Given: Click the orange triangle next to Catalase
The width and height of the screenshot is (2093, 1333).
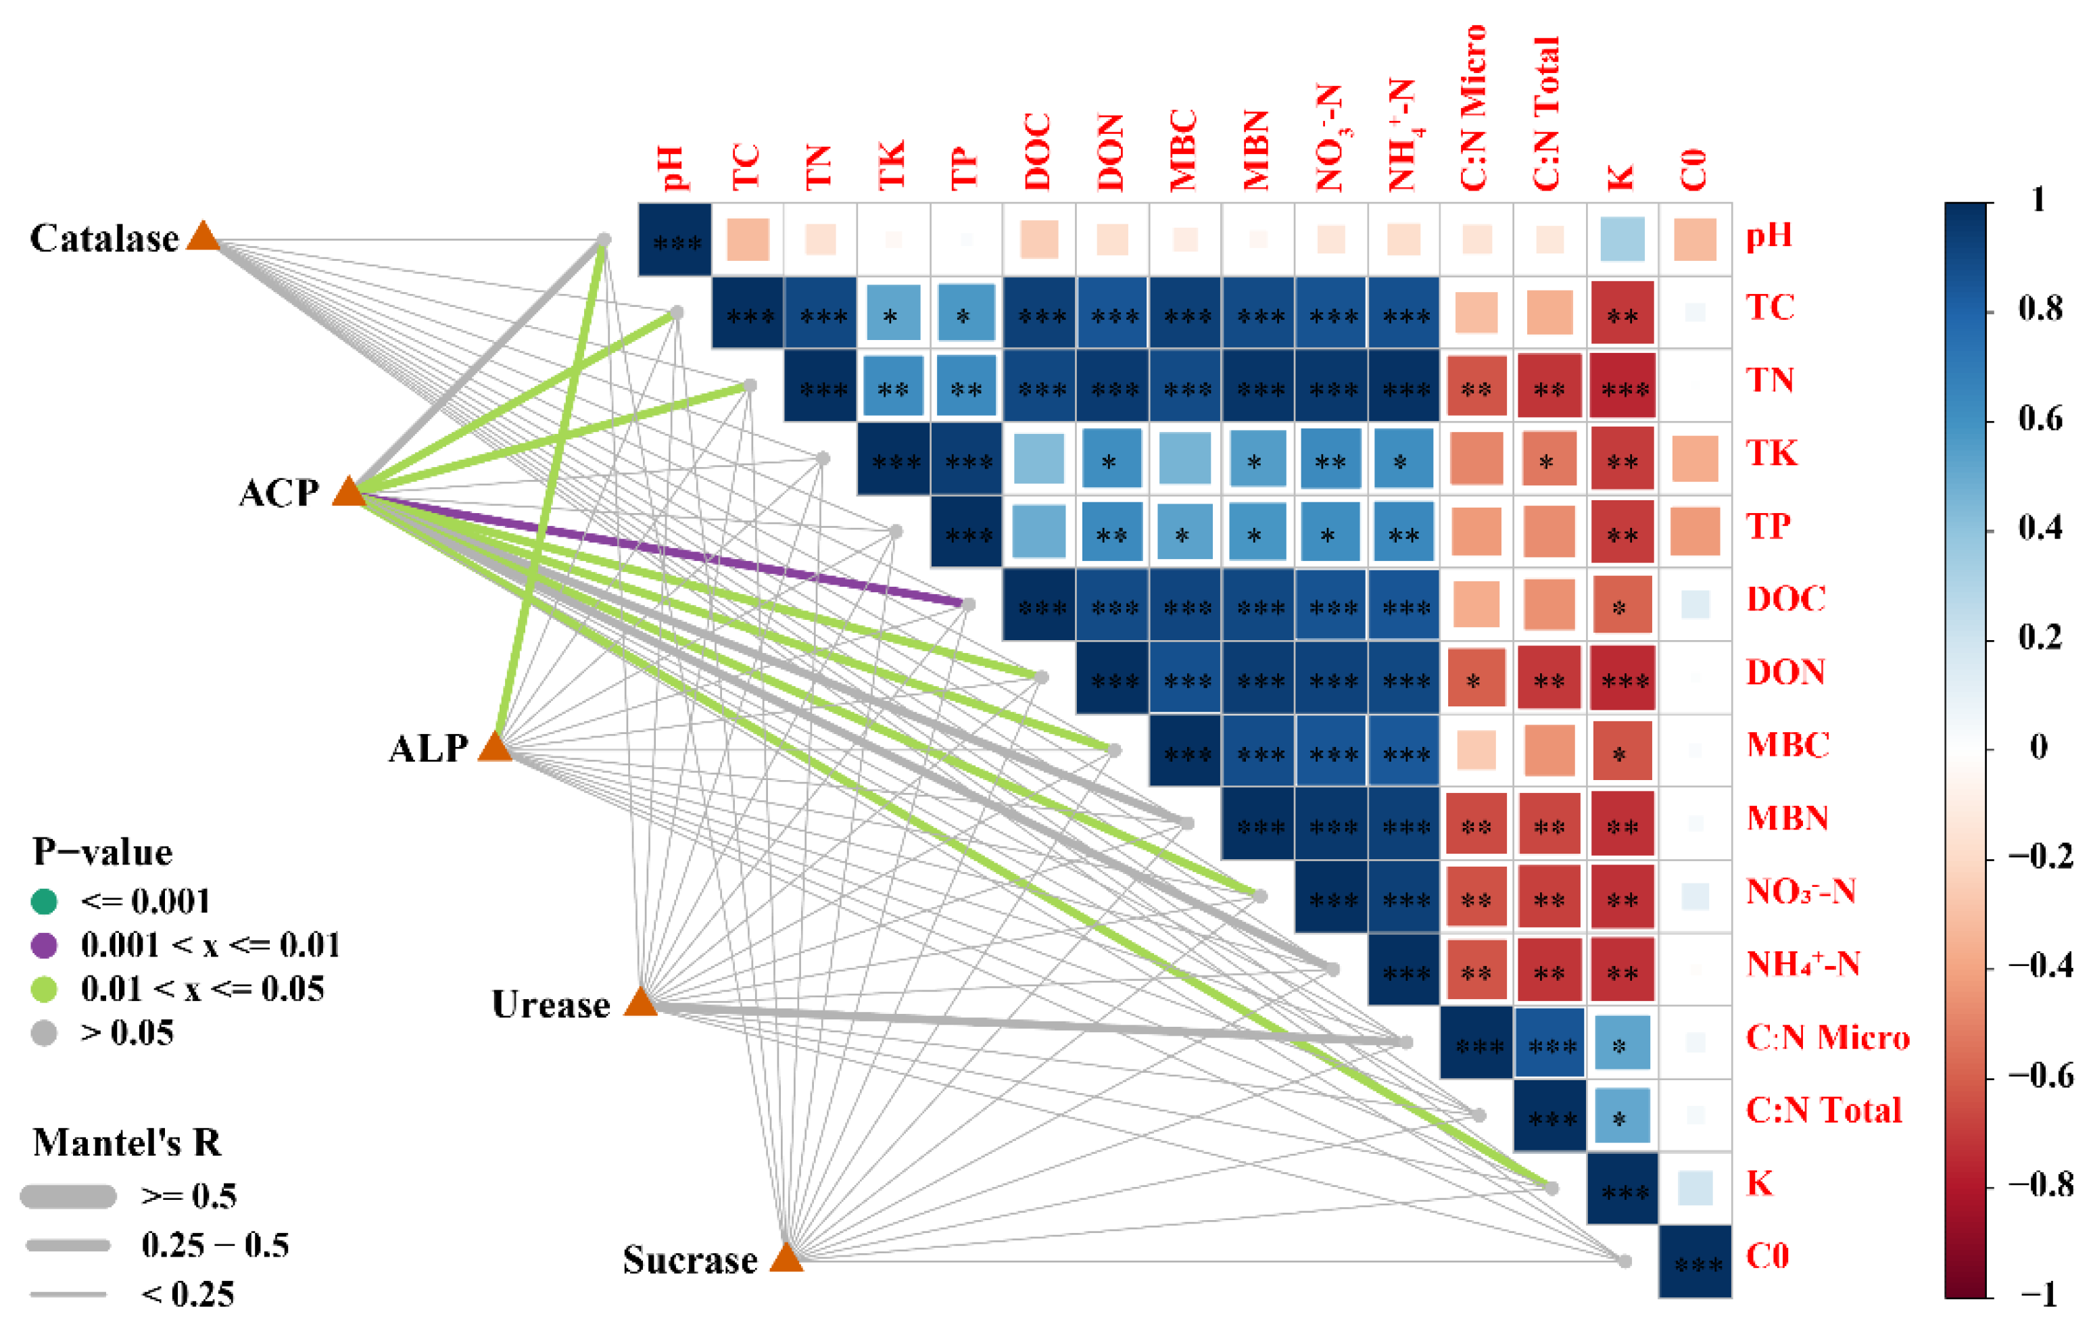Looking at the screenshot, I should pos(203,237).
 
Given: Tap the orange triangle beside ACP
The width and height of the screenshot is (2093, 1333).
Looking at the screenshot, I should pos(349,492).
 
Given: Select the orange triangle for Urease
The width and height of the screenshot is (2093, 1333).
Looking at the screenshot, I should pos(641,1002).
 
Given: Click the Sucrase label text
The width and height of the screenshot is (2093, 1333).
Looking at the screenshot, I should pos(690,1260).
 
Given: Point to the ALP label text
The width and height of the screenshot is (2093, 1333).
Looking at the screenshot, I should pos(428,748).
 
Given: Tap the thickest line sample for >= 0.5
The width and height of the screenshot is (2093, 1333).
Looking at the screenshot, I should pos(68,1196).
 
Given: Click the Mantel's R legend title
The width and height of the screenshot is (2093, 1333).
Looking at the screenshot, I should pos(127,1142).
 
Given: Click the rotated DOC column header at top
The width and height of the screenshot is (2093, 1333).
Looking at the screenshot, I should pos(1038,151).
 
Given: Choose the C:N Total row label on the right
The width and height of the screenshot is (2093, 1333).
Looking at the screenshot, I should pos(1823,1111).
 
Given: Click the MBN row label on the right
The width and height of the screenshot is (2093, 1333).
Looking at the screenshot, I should pos(1787,818).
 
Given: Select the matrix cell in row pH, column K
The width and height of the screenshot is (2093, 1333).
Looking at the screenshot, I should pos(1622,239).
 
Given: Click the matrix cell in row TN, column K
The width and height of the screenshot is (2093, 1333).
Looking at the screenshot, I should pos(1622,386).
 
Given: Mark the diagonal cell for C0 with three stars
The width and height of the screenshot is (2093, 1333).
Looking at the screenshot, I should pos(1695,1262).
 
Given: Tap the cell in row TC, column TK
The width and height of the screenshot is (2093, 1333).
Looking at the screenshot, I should pos(892,313).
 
